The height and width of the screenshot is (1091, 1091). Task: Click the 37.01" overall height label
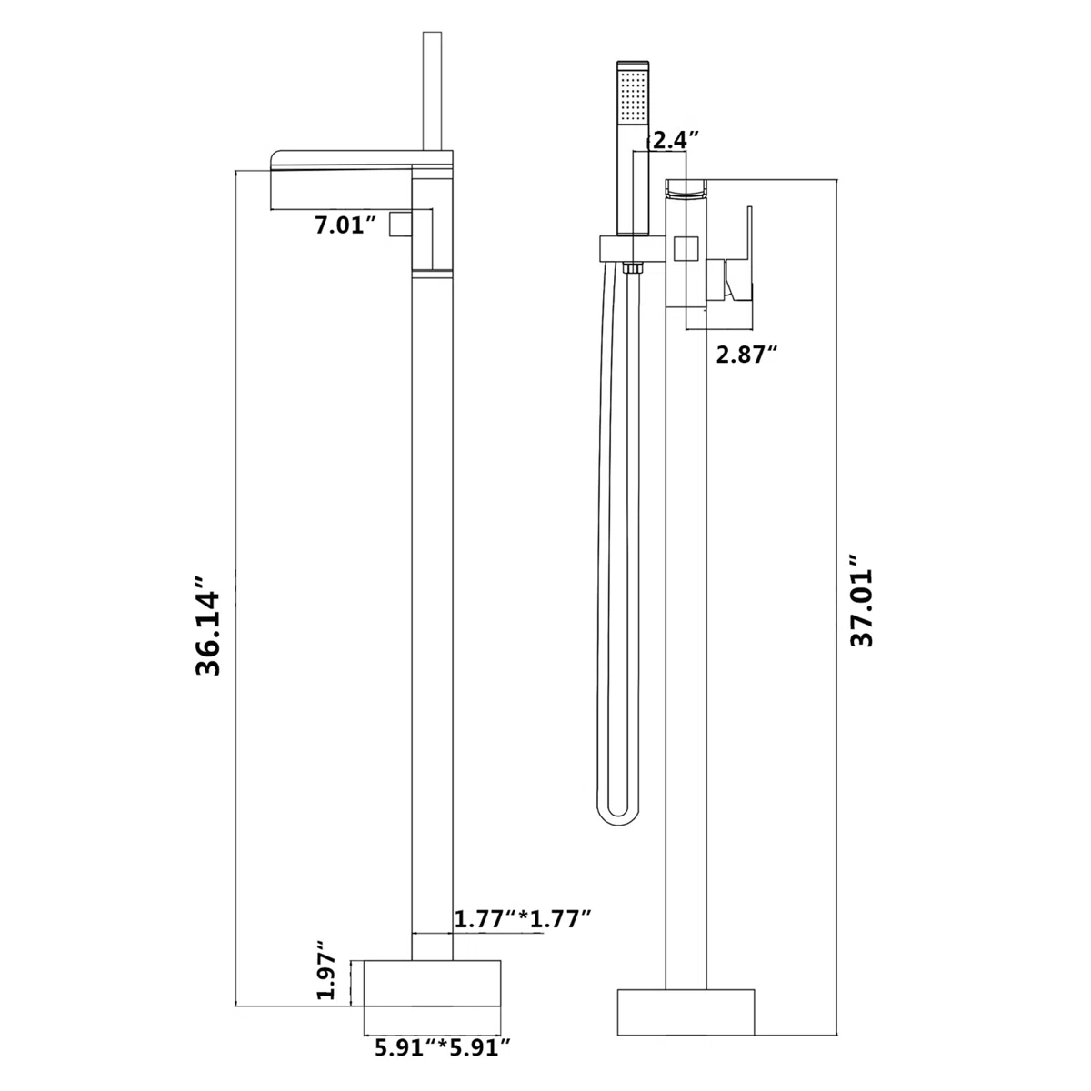coord(859,600)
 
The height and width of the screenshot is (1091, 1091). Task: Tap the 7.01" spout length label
coord(345,225)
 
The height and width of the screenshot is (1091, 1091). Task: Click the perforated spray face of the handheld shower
coord(633,95)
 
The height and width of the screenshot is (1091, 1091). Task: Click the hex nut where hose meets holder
coord(631,269)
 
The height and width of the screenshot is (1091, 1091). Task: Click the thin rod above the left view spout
coord(431,91)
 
